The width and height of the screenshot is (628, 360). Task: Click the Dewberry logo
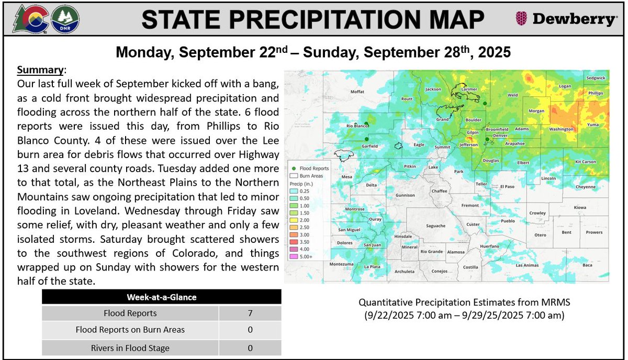pyautogui.click(x=566, y=19)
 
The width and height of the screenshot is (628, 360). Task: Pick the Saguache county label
pyautogui.click(x=435, y=226)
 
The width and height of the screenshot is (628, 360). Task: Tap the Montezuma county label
pyautogui.click(x=341, y=264)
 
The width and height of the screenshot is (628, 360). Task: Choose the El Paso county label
pyautogui.click(x=508, y=186)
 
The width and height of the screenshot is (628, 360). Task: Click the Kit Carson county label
pyautogui.click(x=586, y=162)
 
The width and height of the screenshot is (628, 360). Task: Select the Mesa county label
pyautogui.click(x=347, y=177)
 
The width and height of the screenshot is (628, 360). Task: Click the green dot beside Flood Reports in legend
pyautogui.click(x=294, y=169)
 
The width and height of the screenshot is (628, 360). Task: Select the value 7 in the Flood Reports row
pyautogui.click(x=250, y=313)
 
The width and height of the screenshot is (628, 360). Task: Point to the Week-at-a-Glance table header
pyautogui.click(x=162, y=297)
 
